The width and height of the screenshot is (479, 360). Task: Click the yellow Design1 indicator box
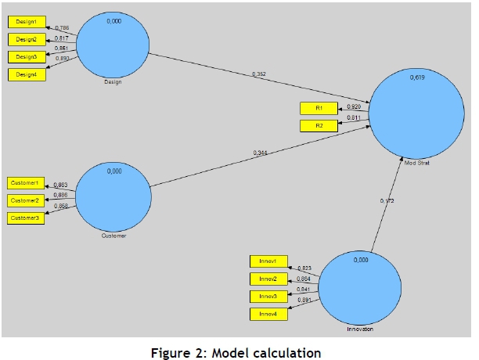pos(26,22)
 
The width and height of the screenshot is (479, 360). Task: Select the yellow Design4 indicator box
pos(26,74)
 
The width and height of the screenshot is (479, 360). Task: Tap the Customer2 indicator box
pos(26,200)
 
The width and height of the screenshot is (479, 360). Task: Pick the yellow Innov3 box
pos(268,297)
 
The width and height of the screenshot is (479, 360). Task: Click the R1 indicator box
pos(319,108)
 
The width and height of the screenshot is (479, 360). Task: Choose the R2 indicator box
pos(319,125)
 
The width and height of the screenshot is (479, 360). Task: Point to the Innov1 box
pos(268,261)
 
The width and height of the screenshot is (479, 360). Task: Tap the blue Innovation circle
pos(361,286)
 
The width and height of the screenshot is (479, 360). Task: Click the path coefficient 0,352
pos(259,74)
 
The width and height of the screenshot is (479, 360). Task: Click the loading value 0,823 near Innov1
pos(304,268)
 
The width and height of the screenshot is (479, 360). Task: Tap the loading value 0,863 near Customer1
pos(60,185)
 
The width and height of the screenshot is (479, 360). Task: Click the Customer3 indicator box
pos(26,218)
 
